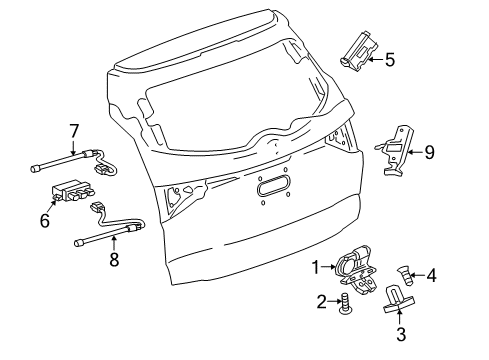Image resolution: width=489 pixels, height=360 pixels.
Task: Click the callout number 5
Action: (x=390, y=60)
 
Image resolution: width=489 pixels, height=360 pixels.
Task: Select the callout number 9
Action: (x=429, y=152)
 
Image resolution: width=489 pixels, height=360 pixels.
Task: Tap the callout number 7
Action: (x=74, y=131)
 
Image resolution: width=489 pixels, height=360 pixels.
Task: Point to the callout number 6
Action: (x=45, y=220)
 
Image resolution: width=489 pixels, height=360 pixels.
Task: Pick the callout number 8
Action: (x=114, y=259)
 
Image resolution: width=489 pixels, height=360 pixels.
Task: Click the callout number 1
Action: (x=316, y=267)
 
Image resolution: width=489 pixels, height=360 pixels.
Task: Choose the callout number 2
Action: (x=322, y=302)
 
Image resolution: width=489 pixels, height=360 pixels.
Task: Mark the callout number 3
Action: (x=401, y=334)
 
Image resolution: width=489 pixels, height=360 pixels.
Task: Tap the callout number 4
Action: (x=431, y=276)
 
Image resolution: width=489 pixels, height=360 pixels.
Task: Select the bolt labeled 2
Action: (x=344, y=303)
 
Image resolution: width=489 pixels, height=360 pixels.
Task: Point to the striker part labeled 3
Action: (x=399, y=299)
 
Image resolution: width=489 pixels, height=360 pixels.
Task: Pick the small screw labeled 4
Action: (x=406, y=276)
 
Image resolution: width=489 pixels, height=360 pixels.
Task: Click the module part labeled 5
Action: (x=359, y=51)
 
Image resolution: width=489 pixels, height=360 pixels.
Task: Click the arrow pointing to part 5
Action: (x=375, y=60)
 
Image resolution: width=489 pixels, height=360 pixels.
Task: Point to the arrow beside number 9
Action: (x=415, y=152)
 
